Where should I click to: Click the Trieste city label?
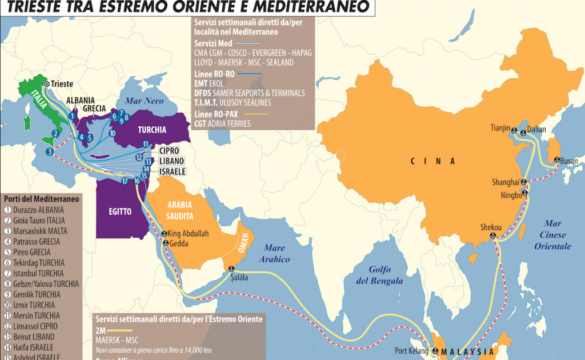(62, 84)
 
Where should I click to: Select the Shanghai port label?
(505, 183)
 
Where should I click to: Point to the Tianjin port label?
(499, 129)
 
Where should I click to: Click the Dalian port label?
(537, 129)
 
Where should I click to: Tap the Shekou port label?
(491, 227)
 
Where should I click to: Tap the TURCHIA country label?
(151, 129)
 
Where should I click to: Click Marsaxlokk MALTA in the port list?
(39, 231)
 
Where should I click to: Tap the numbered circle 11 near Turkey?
(146, 144)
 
